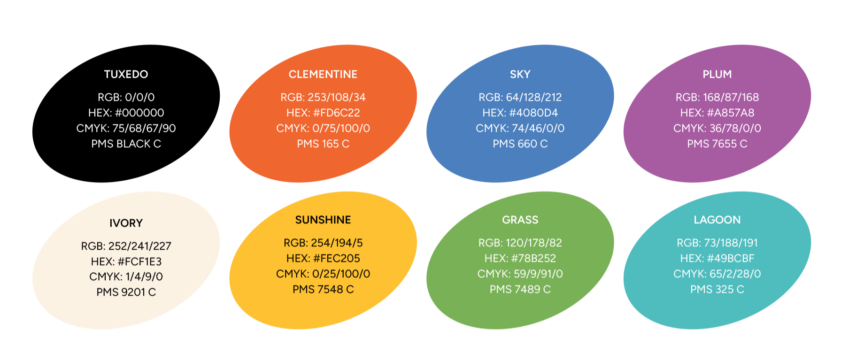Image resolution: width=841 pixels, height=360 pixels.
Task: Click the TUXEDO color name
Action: pos(126,74)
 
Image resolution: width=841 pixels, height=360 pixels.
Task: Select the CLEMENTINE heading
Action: pos(323,74)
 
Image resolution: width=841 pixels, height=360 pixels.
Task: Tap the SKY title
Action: pos(520,74)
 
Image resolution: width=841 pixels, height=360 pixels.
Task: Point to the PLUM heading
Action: pos(717,74)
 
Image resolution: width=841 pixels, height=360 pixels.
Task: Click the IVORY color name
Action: pos(126,223)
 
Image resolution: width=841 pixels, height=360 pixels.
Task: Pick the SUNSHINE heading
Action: pos(323,220)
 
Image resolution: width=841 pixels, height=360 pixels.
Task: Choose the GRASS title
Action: pos(520,220)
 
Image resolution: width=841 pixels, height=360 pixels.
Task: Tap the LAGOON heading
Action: pos(717,220)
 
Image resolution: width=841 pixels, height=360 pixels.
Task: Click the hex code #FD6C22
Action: pos(336,113)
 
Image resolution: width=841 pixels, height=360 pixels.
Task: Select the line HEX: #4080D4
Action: pos(520,113)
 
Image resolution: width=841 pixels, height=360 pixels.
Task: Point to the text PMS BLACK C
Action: pos(126,144)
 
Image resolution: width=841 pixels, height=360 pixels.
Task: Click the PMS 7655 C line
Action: pos(717,144)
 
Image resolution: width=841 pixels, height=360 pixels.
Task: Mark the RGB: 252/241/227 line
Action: pos(126,246)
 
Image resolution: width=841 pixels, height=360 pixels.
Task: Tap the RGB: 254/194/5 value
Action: pos(323,243)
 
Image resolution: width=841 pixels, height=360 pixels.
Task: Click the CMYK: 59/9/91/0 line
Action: pos(520,274)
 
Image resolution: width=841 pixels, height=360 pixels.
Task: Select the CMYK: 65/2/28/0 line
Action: pos(717,274)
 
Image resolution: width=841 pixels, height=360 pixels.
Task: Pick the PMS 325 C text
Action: pos(717,289)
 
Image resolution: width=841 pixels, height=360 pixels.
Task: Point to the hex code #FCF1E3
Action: pos(139,261)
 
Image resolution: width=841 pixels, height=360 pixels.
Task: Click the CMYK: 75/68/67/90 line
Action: pos(126,128)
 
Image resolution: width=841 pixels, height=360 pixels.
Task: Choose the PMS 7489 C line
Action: pos(520,289)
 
